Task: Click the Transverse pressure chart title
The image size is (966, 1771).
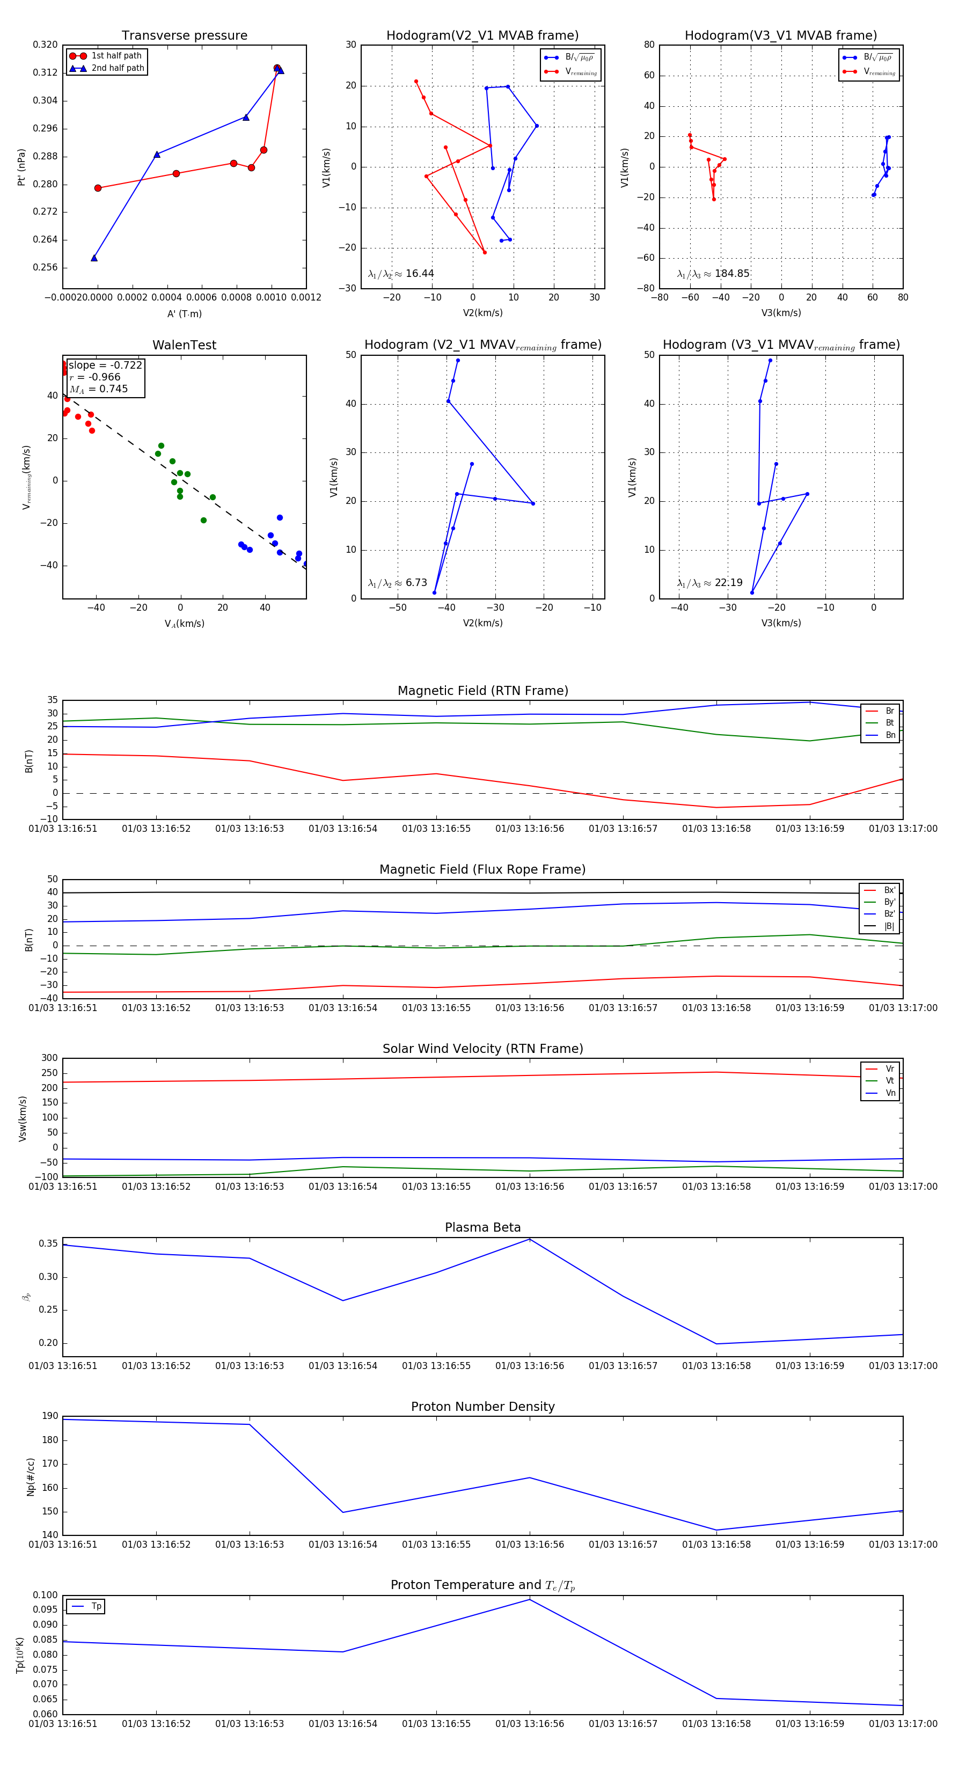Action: [x=184, y=36]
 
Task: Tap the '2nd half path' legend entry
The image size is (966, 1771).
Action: [x=118, y=68]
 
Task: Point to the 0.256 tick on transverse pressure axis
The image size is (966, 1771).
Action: [x=46, y=267]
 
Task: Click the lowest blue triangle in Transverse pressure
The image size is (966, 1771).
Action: [x=94, y=258]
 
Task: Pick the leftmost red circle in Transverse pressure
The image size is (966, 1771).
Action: [x=98, y=188]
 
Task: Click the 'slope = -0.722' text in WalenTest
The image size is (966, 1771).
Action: [x=105, y=365]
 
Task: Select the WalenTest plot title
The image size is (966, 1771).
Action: [x=184, y=345]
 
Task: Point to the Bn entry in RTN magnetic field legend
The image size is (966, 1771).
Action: [x=890, y=735]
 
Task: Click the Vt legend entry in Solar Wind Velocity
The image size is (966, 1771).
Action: [x=890, y=1081]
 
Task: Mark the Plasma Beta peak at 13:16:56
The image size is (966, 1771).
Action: [x=529, y=1239]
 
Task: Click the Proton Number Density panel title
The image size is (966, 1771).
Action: [x=482, y=1407]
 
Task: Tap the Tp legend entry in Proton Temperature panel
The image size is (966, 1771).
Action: [x=96, y=1606]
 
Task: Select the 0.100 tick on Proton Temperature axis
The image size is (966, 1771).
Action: [x=46, y=1595]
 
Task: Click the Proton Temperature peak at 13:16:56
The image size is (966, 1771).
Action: [x=529, y=1599]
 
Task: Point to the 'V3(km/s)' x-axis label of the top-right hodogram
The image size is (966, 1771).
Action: [x=780, y=313]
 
